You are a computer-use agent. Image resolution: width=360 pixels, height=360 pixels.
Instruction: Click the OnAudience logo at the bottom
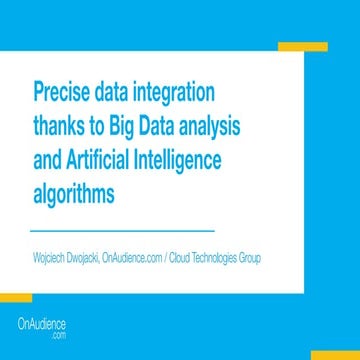tap(43, 328)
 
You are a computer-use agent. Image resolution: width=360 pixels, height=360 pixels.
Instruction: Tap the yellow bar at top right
tap(302, 47)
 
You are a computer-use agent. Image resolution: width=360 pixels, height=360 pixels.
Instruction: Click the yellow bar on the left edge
tap(16, 298)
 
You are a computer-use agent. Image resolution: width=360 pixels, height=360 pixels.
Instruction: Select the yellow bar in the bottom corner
tap(333, 354)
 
